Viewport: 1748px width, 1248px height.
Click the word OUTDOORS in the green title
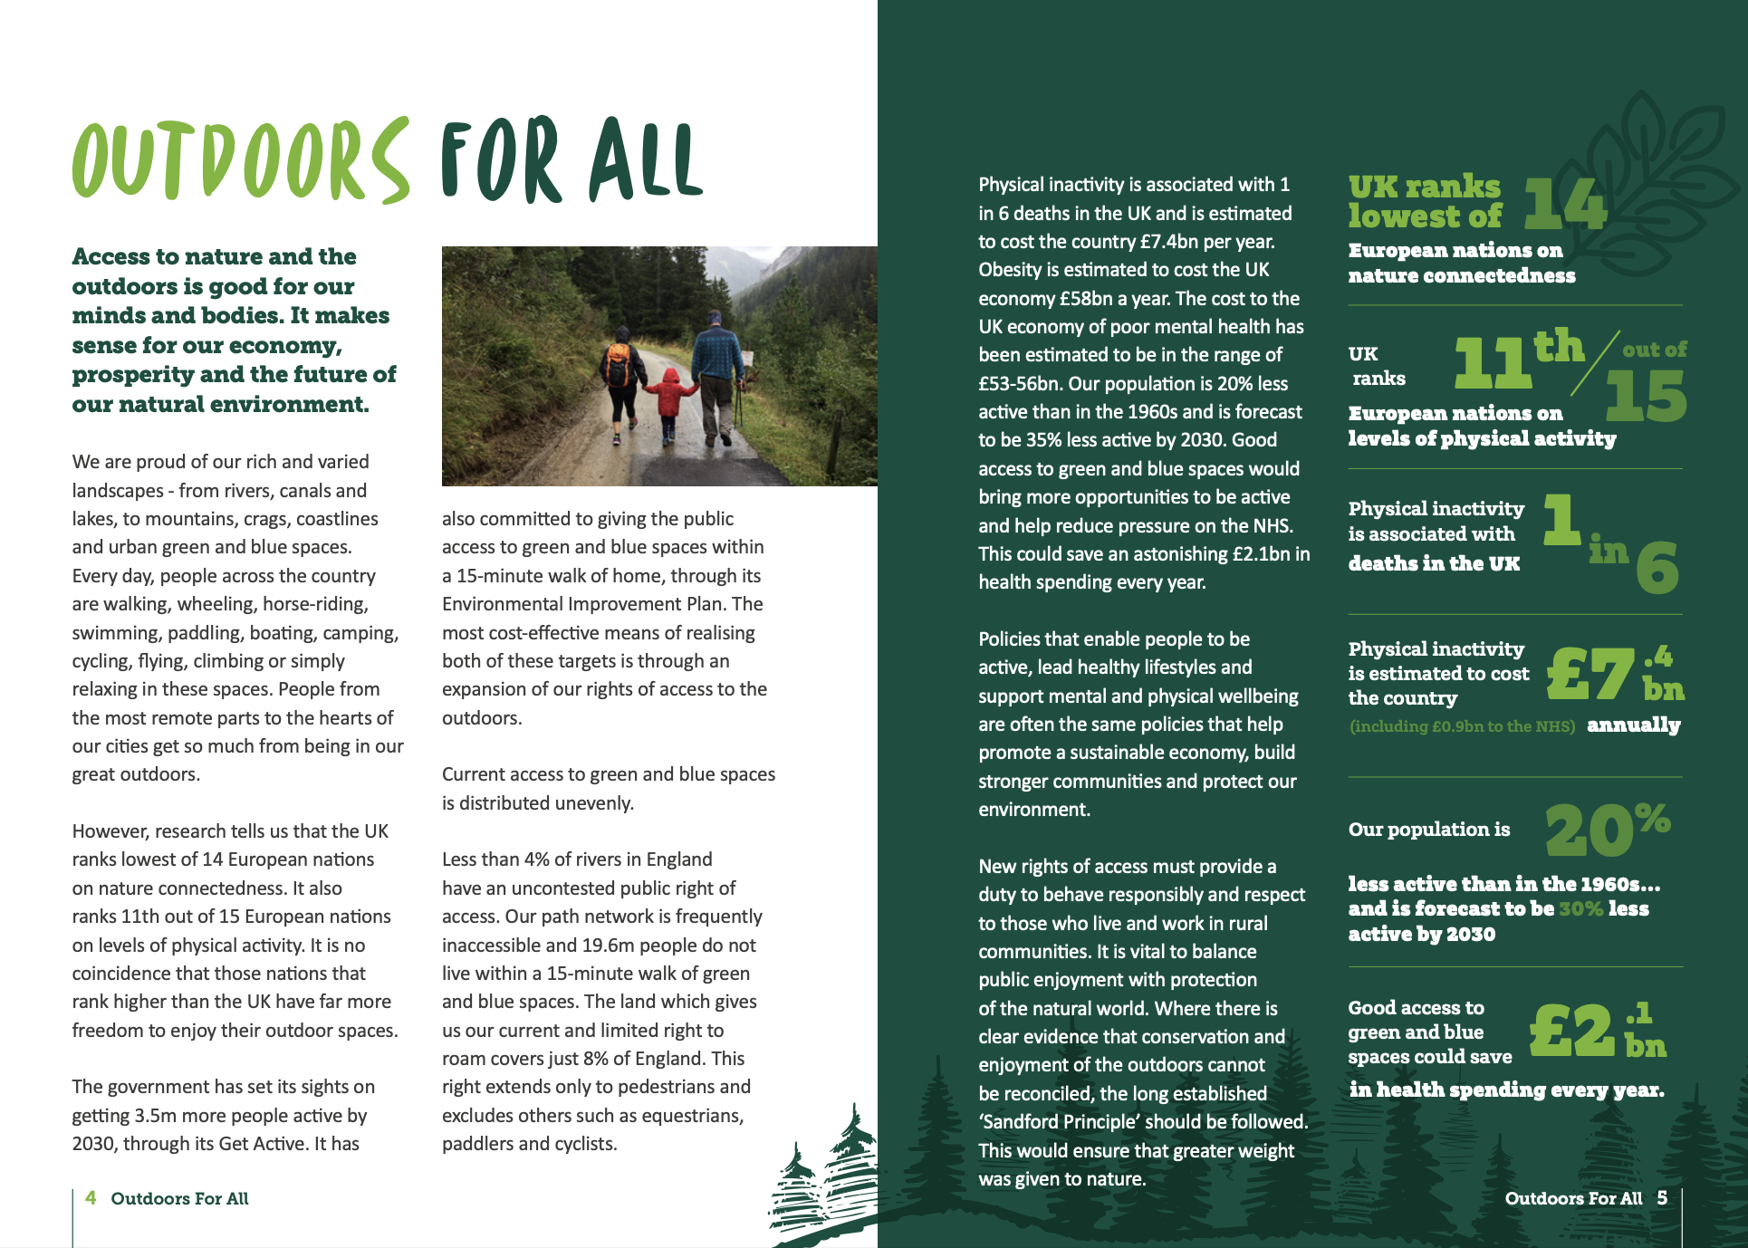(x=240, y=160)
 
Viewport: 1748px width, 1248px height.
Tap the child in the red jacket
(x=670, y=401)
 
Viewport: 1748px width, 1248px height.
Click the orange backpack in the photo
(x=619, y=364)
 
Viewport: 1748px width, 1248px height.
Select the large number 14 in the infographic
(x=1564, y=204)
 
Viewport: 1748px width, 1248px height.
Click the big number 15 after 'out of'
(x=1646, y=398)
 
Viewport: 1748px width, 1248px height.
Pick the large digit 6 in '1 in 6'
(x=1657, y=568)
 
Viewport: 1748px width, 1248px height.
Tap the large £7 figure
(x=1590, y=676)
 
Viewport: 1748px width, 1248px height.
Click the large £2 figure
(x=1572, y=1031)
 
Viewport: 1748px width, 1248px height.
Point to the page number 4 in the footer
(x=91, y=1198)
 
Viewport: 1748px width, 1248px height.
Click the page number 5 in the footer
(x=1662, y=1198)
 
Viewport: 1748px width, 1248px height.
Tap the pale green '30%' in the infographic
(x=1580, y=908)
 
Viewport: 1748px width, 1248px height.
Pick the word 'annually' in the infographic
(x=1633, y=725)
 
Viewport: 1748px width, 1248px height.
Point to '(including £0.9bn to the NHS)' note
(x=1462, y=726)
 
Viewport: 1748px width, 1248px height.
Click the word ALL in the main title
(x=645, y=160)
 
